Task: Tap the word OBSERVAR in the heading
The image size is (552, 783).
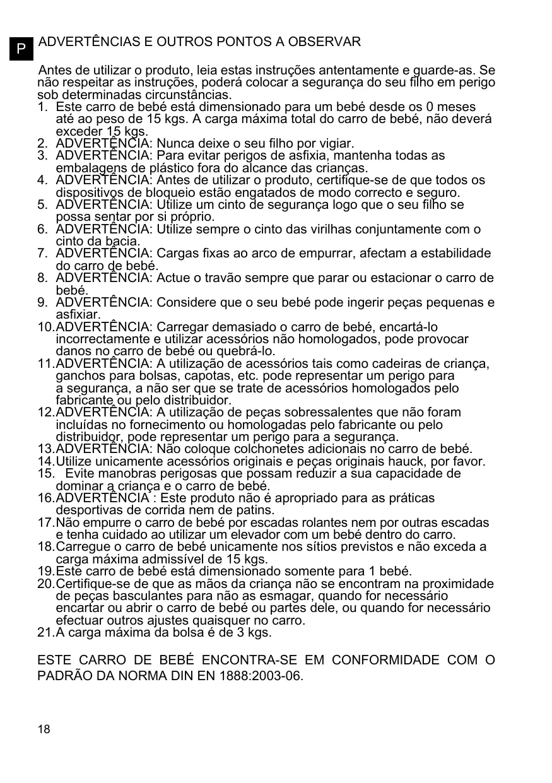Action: [326, 42]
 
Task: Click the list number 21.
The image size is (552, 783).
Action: [45, 632]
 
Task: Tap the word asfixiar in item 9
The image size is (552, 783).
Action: [78, 314]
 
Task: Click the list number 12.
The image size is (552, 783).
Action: [45, 413]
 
